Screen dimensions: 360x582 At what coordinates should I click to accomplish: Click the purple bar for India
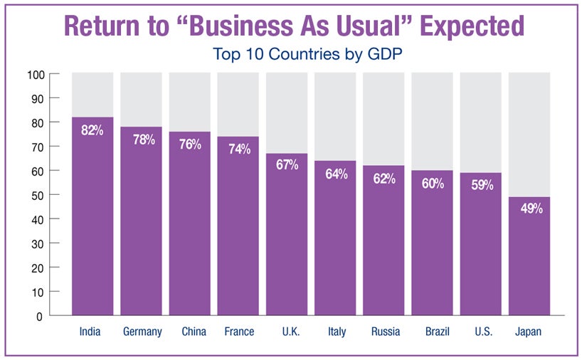(92, 221)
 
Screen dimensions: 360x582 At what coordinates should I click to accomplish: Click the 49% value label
(529, 209)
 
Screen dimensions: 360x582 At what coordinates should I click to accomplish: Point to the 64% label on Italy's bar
(335, 174)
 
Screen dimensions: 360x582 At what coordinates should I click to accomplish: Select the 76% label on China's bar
(189, 144)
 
